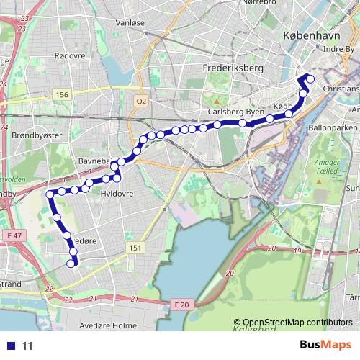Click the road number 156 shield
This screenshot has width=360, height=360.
[x=62, y=94]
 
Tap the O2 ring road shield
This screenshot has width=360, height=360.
[x=140, y=102]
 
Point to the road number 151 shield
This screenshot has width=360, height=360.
[x=134, y=248]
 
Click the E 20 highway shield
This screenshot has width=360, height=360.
[x=182, y=305]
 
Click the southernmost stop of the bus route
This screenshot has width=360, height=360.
[x=71, y=264]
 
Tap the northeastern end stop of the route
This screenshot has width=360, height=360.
[x=311, y=78]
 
